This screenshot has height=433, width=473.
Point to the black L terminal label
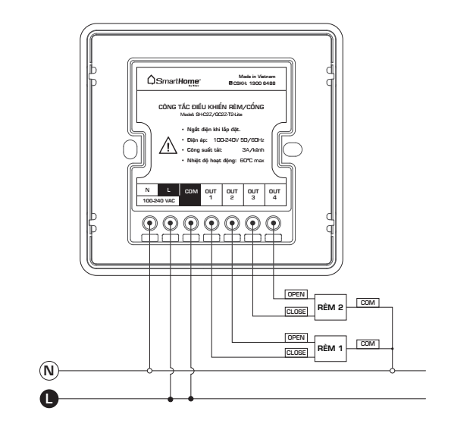click(170, 188)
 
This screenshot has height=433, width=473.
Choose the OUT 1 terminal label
click(211, 193)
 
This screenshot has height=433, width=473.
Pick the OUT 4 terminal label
click(274, 193)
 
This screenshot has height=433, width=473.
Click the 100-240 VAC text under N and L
click(159, 201)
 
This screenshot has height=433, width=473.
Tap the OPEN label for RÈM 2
click(295, 293)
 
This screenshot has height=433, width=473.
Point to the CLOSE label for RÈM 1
click(295, 353)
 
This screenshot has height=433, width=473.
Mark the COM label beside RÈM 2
click(368, 303)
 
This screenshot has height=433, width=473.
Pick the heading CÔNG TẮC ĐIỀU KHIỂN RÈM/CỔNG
click(211, 108)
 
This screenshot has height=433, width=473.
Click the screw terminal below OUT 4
click(274, 223)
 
